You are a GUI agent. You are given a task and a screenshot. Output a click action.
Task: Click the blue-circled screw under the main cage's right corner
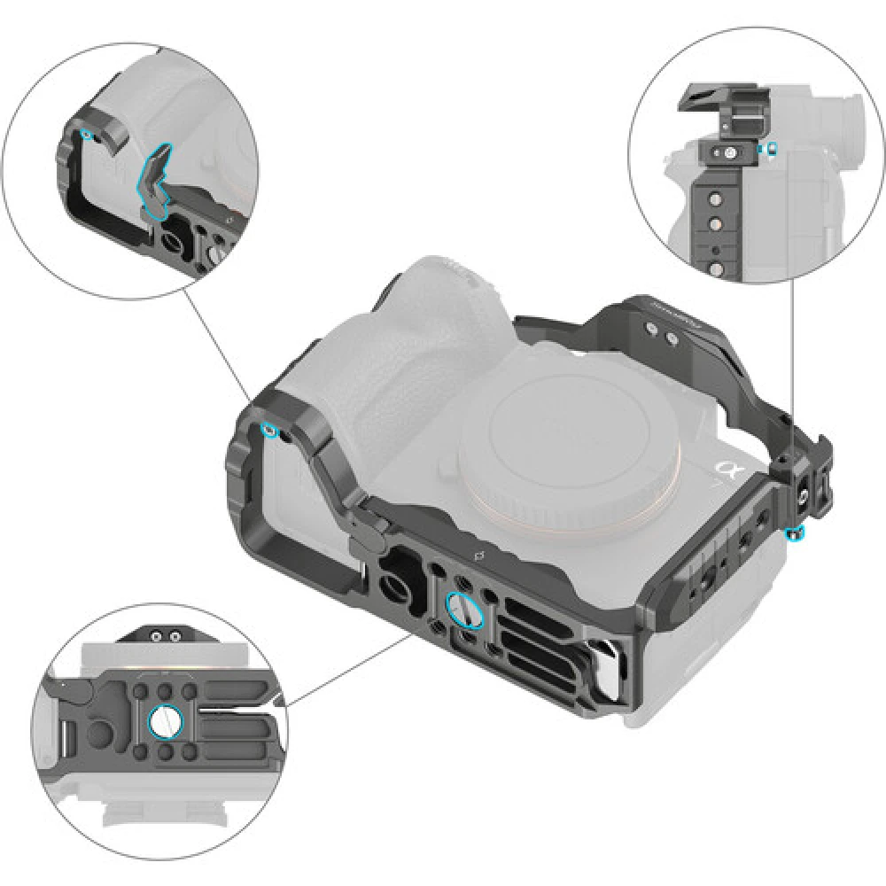point(795,532)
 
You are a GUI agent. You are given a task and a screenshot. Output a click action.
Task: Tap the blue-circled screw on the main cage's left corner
point(269,431)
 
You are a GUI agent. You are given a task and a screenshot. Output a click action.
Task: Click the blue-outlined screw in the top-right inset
point(773,149)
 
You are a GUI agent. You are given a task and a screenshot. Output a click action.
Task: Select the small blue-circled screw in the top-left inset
point(85,134)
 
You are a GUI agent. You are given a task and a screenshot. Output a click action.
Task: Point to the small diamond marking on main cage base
point(479,556)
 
